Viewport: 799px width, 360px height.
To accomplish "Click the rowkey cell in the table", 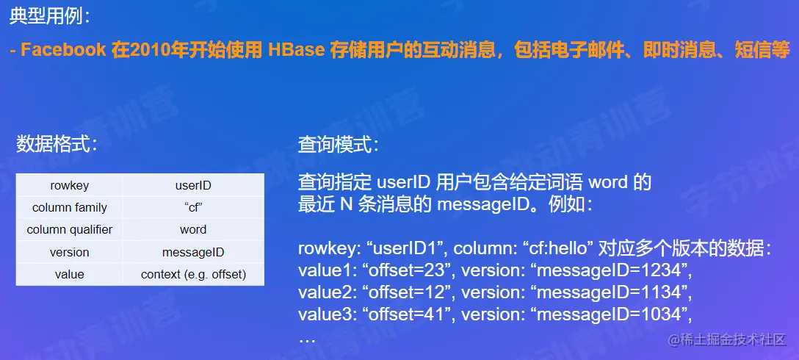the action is pyautogui.click(x=69, y=185).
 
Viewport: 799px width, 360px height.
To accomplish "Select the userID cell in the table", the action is pyautogui.click(x=193, y=185).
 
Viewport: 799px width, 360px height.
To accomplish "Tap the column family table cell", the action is pyautogui.click(x=69, y=207).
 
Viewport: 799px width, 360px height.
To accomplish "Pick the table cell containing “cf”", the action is pyautogui.click(x=193, y=207).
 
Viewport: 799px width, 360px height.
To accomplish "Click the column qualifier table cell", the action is pyautogui.click(x=69, y=229).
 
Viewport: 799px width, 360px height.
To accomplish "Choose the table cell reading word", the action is pyautogui.click(x=193, y=229).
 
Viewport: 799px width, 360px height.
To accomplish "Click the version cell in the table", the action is pyautogui.click(x=69, y=252).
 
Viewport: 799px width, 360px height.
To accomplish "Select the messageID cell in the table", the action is pyautogui.click(x=193, y=252).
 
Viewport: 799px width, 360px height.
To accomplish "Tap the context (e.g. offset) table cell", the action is pyautogui.click(x=193, y=274).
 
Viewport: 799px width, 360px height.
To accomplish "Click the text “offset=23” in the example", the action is pyautogui.click(x=408, y=271).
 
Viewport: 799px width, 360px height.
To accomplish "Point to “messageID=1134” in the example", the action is pyautogui.click(x=610, y=292).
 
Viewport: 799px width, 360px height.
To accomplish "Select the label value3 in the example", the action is pyautogui.click(x=328, y=314).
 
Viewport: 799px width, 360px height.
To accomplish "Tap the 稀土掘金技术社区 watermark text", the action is pyautogui.click(x=728, y=339).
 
